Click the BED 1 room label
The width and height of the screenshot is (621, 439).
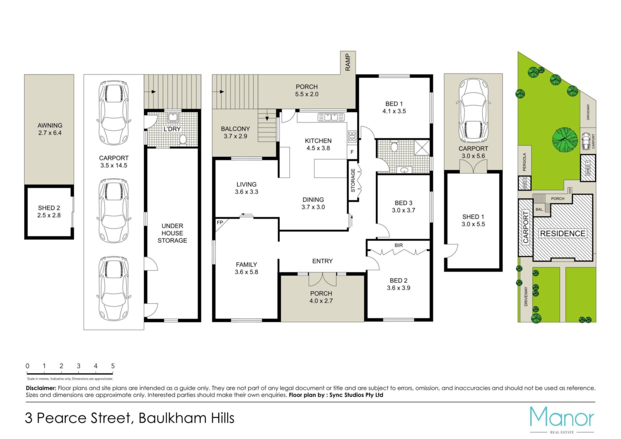[394, 107]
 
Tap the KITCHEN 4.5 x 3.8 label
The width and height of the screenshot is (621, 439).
[318, 144]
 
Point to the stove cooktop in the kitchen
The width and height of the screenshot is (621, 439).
[352, 136]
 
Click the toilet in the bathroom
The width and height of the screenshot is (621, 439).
[394, 146]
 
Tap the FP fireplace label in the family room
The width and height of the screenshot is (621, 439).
[220, 223]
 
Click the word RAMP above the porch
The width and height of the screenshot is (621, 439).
[348, 62]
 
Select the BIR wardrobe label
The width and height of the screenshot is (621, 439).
[398, 245]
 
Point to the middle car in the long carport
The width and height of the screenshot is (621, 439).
[114, 211]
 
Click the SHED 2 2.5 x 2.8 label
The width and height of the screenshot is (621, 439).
[49, 212]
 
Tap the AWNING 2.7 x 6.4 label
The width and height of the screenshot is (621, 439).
[50, 129]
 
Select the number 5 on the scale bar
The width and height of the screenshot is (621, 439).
[113, 366]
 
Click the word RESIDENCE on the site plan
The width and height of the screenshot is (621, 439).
[563, 234]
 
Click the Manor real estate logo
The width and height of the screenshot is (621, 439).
[562, 420]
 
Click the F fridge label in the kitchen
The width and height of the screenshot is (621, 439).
[352, 152]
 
